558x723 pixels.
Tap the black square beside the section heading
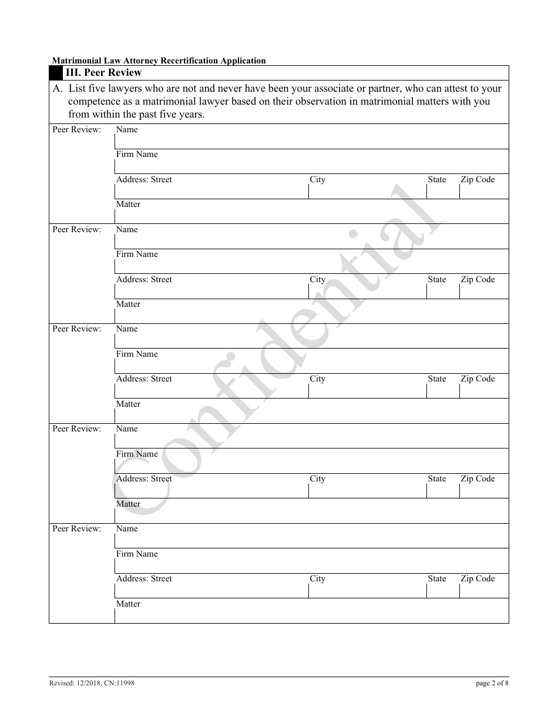coord(56,73)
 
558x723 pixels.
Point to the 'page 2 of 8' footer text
coord(492,683)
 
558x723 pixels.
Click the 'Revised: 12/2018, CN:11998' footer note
coord(92,683)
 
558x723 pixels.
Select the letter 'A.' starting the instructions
coord(58,89)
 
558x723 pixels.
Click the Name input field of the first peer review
coord(311,142)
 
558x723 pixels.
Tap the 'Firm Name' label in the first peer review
coord(137,155)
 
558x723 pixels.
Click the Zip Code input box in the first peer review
coord(483,192)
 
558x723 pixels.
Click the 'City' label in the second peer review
coord(318,280)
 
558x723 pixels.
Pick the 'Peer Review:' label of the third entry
coord(77,329)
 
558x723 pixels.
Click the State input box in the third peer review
coord(443,391)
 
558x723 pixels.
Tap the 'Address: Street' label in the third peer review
coord(144,379)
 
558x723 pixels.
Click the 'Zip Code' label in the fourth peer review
coord(478,479)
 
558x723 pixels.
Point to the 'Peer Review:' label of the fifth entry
coord(77,529)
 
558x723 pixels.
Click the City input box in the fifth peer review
coord(367,591)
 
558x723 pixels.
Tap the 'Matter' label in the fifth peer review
coord(128,604)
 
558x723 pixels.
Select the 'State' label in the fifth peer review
coord(437,579)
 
